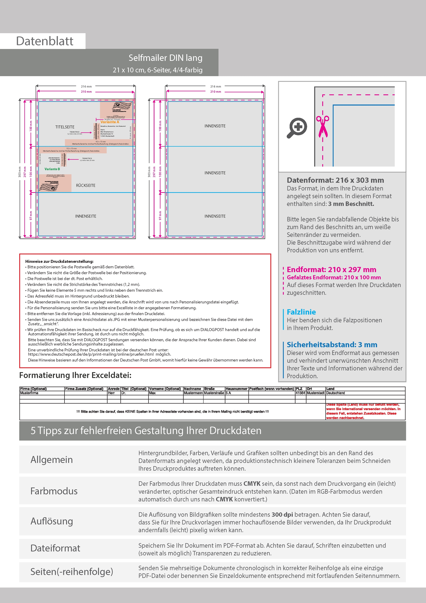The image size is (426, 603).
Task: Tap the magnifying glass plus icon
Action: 297,128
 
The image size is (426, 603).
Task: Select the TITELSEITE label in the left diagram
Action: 65,127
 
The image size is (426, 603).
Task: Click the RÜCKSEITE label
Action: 86,185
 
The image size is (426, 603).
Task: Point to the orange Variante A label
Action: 110,122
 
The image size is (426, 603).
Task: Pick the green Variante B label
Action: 52,169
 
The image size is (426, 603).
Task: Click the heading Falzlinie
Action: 301,312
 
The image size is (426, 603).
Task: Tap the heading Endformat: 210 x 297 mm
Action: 331,270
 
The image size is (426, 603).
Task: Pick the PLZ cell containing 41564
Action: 300,393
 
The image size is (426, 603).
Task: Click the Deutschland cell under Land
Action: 335,393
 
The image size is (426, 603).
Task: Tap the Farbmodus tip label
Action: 54,491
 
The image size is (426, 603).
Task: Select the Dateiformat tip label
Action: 55,548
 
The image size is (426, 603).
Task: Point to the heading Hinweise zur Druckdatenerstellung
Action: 59,261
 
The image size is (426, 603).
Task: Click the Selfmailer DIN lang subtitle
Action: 165,58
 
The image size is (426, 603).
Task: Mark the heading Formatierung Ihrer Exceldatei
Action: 75,375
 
